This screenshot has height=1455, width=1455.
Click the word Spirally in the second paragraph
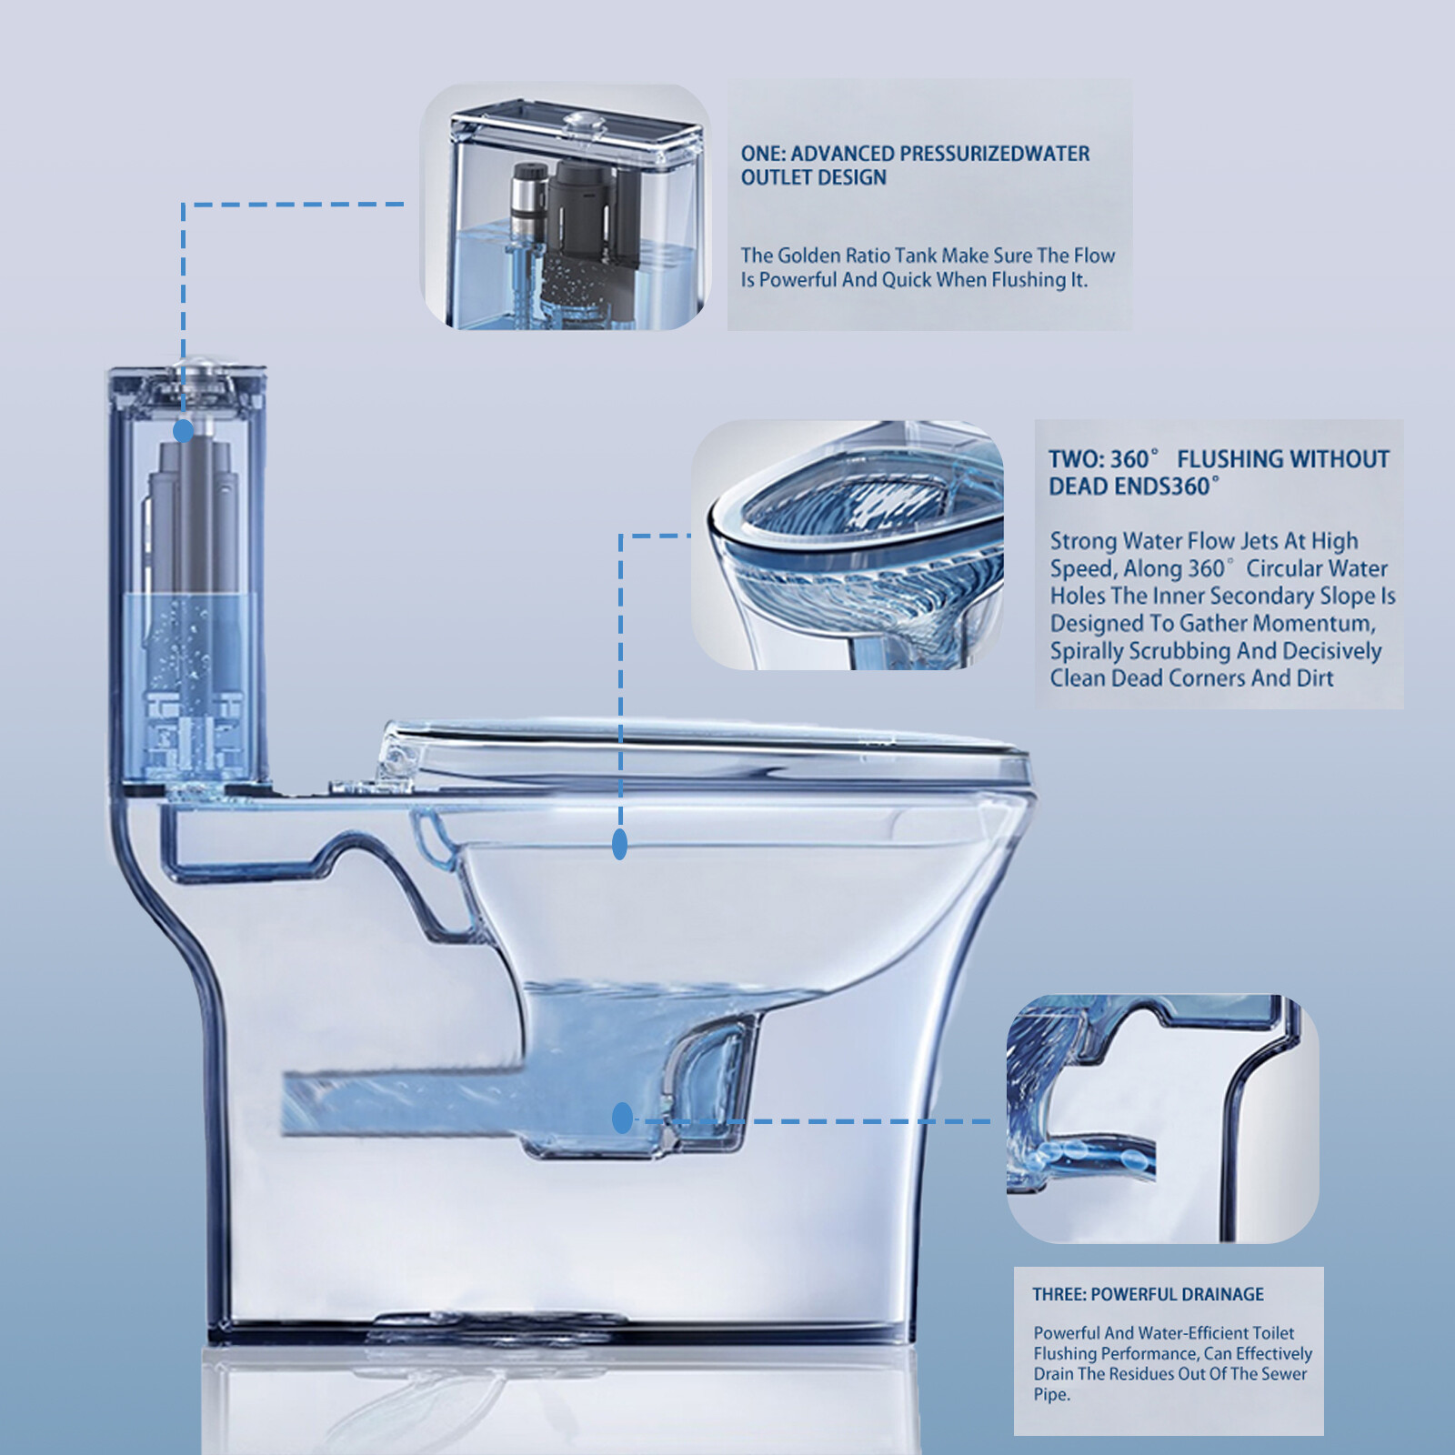(1086, 651)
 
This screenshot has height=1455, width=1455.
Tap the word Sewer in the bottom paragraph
(1284, 1374)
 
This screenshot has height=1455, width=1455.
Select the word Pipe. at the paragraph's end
(1051, 1395)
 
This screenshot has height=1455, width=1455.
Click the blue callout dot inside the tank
(184, 431)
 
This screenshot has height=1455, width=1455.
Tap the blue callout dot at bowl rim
(620, 845)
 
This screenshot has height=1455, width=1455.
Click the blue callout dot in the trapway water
(622, 1119)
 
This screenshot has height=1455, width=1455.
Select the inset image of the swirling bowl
(848, 546)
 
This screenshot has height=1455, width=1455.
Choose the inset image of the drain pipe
(1162, 1119)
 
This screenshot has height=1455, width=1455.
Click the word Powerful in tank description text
(798, 280)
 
